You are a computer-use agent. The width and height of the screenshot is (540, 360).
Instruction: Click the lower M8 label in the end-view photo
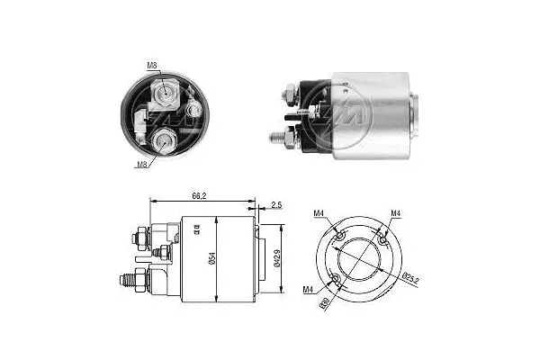142,165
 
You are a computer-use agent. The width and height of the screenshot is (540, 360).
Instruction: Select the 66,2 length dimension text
200,193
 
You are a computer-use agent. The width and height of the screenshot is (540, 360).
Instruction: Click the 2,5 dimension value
274,206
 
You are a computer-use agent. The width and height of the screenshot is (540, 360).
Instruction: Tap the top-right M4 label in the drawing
396,212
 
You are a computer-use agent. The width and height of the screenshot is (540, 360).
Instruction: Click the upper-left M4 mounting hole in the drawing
340,234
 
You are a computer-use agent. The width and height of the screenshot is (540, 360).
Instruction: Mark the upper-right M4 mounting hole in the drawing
382,241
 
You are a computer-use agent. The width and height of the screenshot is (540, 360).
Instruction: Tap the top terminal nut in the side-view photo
291,92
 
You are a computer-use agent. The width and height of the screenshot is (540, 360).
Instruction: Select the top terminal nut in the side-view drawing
142,238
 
